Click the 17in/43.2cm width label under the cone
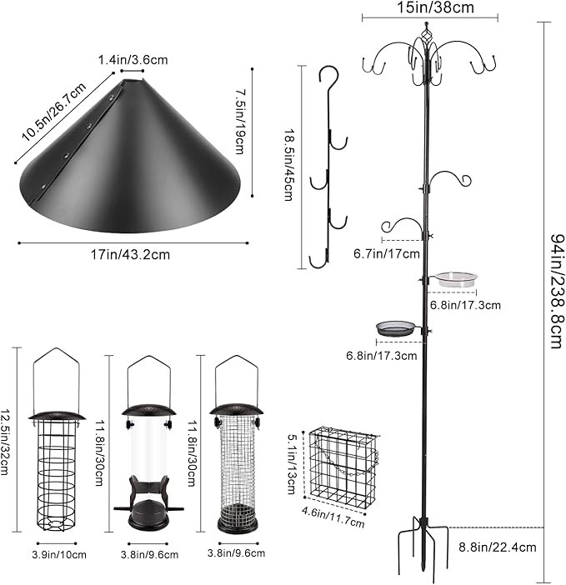point(133,254)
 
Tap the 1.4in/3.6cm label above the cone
point(132,61)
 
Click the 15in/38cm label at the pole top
point(429,7)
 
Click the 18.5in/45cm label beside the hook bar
point(289,165)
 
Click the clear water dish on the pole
point(455,279)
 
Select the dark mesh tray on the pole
point(396,328)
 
